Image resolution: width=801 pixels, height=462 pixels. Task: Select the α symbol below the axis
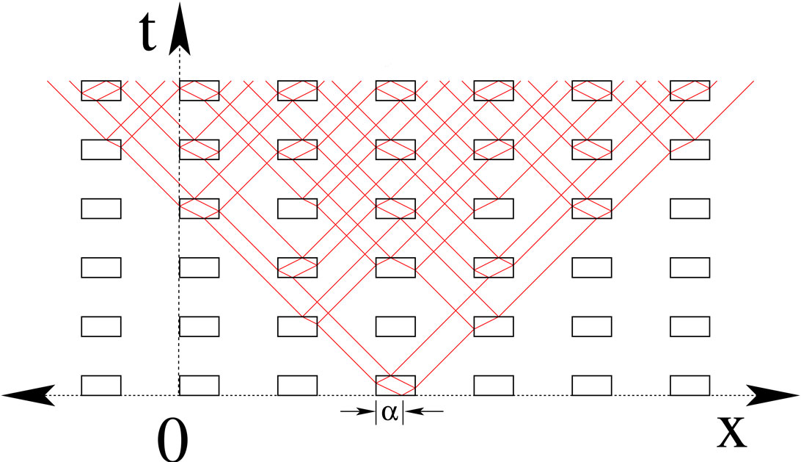389,413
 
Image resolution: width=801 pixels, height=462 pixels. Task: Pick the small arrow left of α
358,411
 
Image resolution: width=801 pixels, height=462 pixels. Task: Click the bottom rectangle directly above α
395,384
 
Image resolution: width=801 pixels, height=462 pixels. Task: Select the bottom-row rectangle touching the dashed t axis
199,384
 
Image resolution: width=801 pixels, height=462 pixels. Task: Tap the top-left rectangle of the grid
100,90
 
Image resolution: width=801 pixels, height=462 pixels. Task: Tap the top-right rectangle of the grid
690,90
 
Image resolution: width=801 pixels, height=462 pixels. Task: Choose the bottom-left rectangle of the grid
100,384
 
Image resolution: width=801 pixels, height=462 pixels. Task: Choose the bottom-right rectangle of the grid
690,384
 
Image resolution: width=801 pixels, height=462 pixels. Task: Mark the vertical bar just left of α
376,412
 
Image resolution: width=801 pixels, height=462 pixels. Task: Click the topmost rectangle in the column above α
395,90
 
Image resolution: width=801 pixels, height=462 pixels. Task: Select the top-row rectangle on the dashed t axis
199,90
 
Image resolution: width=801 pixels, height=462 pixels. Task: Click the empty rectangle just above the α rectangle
395,325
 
